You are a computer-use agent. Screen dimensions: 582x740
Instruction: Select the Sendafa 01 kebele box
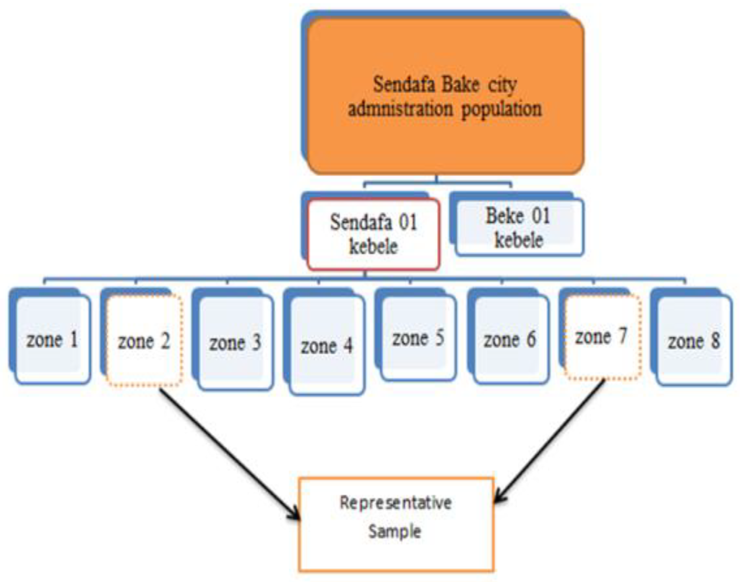coord(373,234)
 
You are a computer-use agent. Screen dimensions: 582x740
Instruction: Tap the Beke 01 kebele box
coord(519,228)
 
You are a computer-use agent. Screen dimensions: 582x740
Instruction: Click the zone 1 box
coord(52,340)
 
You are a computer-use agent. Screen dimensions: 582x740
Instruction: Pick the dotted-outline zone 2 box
coord(144,341)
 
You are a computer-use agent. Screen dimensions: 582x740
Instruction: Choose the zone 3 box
coord(236,343)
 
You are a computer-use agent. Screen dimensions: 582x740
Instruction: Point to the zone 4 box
coord(327,346)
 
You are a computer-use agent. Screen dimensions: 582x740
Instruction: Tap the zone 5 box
coord(419,338)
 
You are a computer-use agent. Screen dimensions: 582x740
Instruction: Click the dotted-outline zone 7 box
coord(602,337)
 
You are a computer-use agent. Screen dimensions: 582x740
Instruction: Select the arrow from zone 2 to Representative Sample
coord(230,453)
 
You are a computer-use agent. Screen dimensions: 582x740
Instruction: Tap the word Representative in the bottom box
coord(396,503)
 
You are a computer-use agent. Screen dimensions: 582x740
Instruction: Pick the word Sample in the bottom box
coord(395,531)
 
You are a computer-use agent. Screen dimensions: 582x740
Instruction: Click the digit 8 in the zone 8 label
coord(715,341)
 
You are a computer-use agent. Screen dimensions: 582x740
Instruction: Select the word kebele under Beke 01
coord(519,241)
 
